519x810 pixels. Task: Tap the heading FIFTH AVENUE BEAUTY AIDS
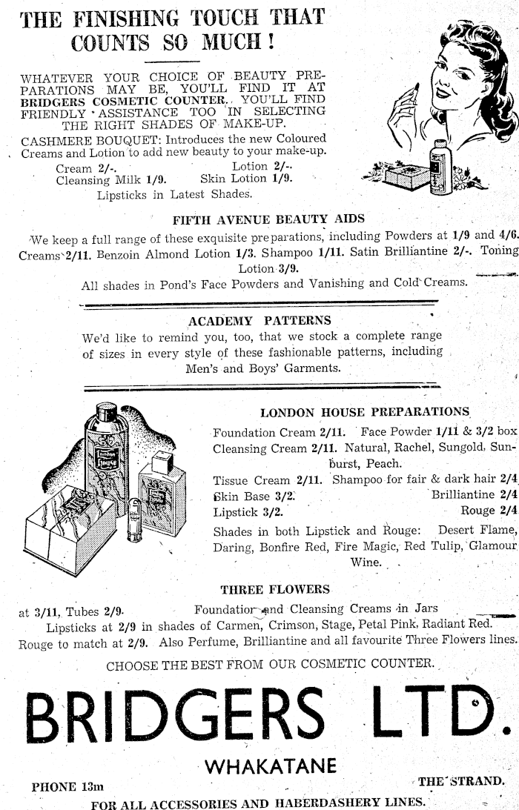point(268,219)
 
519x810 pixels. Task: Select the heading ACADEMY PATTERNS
point(259,321)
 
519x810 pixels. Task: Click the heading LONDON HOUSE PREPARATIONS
point(365,412)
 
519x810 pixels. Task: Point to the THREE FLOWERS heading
point(275,590)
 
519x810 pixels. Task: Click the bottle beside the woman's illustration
point(441,165)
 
